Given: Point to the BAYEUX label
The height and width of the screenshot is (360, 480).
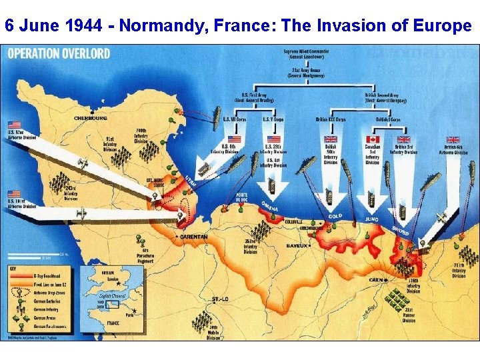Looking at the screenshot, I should (x=298, y=245).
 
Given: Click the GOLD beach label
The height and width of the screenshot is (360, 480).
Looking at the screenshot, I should (x=335, y=216).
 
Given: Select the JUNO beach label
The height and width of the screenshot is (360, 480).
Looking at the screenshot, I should (x=371, y=218).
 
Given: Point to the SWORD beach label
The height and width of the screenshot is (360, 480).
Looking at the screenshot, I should (x=400, y=230).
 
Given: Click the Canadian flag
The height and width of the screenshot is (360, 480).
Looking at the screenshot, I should (x=371, y=139).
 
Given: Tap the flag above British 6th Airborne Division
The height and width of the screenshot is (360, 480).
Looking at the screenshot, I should (x=453, y=139).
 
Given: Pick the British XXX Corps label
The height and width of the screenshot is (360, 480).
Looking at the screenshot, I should (x=331, y=119).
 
